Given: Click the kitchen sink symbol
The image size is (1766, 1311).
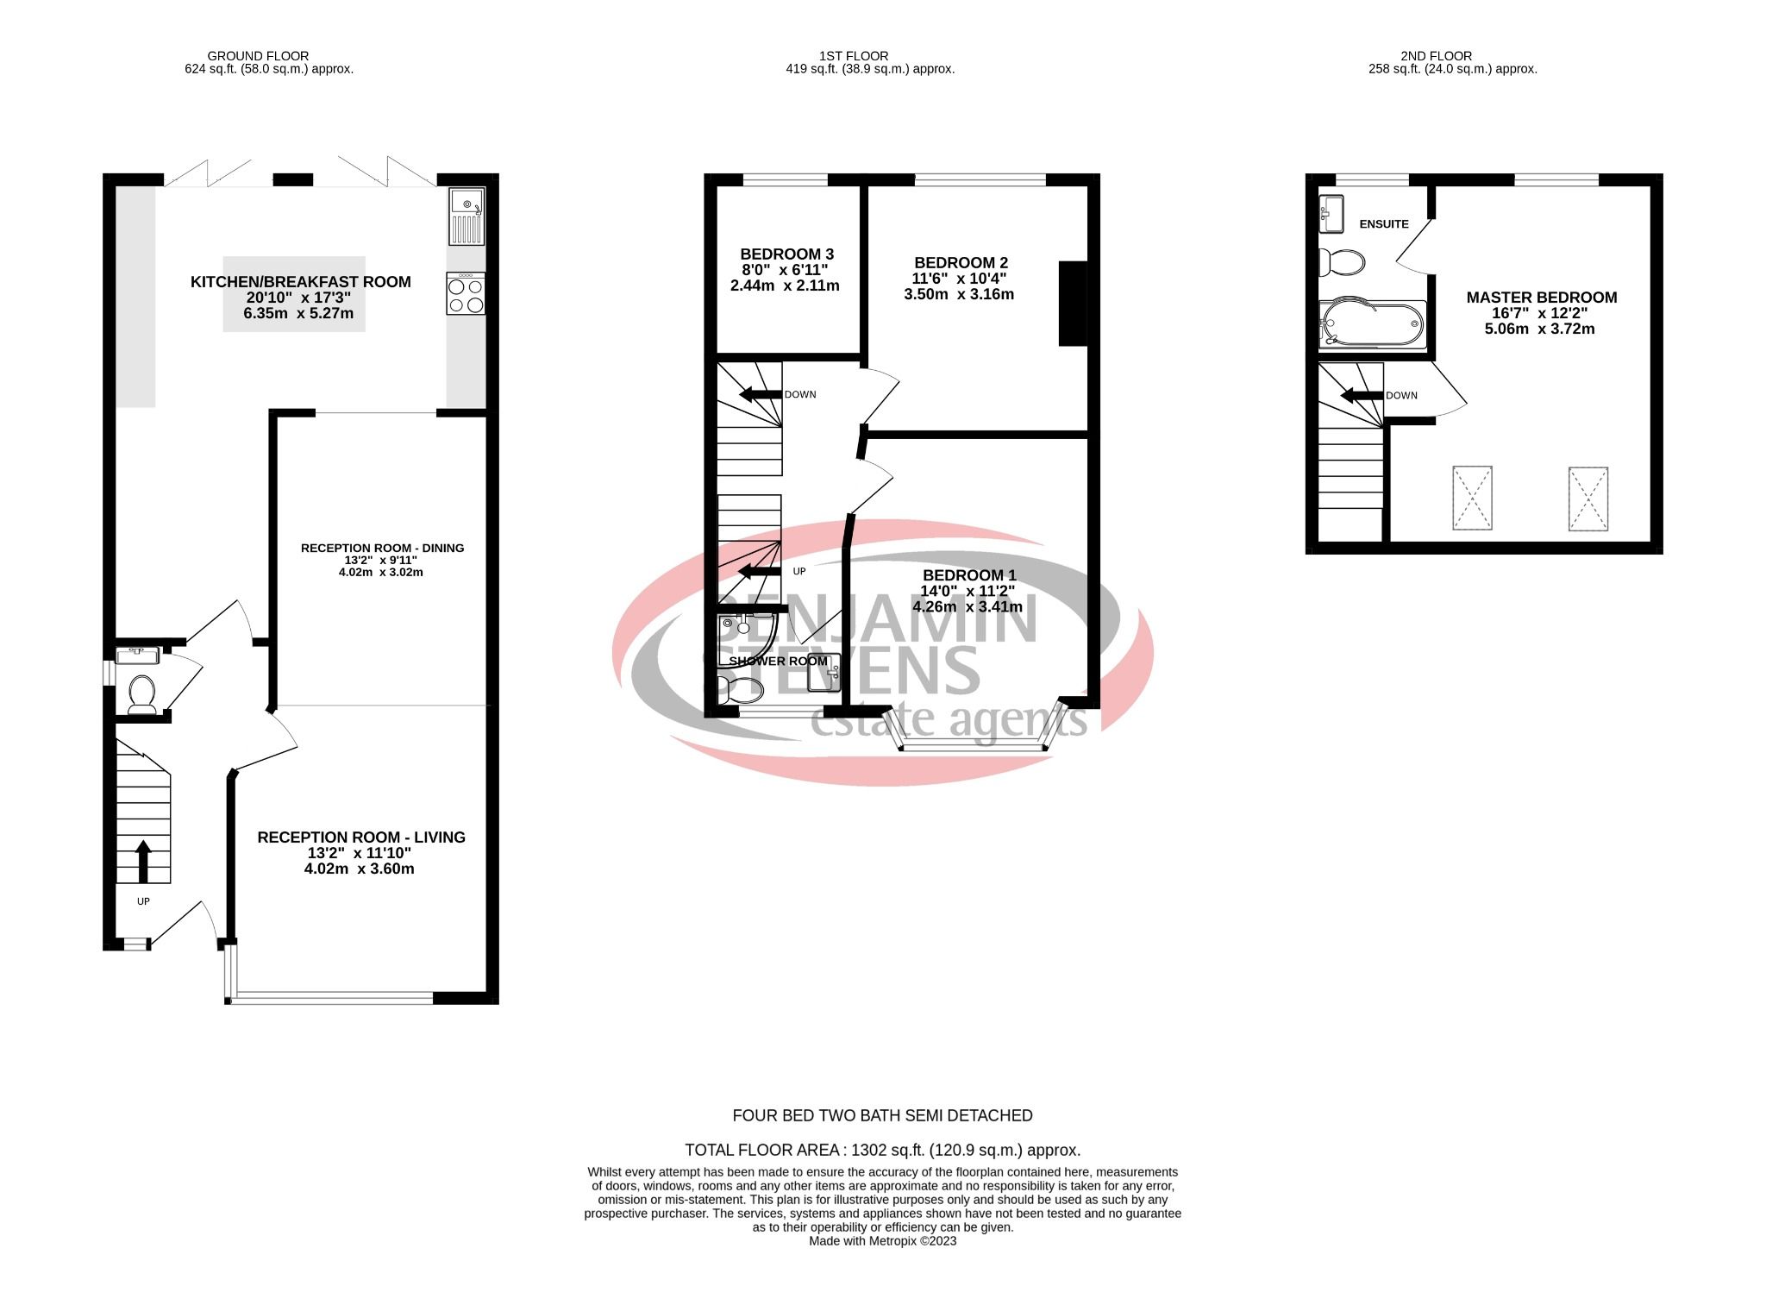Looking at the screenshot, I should pyautogui.click(x=467, y=216).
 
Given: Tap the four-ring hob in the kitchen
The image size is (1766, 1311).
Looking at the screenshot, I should pyautogui.click(x=466, y=293).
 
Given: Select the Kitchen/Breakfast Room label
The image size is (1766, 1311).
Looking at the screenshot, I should pyautogui.click(x=300, y=282).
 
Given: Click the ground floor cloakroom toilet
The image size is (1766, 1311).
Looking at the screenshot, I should pyautogui.click(x=141, y=693).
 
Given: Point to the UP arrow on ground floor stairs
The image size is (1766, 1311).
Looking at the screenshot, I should pyautogui.click(x=143, y=861).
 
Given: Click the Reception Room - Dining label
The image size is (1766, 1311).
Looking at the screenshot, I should pyautogui.click(x=382, y=548).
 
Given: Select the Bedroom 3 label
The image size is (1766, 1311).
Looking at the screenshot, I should pyautogui.click(x=786, y=254).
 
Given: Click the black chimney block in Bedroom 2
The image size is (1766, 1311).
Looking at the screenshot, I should pyautogui.click(x=1072, y=303).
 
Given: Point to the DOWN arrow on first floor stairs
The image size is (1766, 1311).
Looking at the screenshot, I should pyautogui.click(x=756, y=395).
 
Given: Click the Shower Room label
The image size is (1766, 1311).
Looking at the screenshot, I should pyautogui.click(x=778, y=662).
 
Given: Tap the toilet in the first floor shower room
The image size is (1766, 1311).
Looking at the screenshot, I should pyautogui.click(x=742, y=688).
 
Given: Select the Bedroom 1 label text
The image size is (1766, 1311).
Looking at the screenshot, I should pyautogui.click(x=969, y=575).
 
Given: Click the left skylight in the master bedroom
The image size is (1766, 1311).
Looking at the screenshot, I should pyautogui.click(x=1471, y=498).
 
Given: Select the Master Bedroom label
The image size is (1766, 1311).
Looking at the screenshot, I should pyautogui.click(x=1541, y=298).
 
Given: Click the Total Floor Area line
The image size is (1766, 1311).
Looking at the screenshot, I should pyautogui.click(x=882, y=1150).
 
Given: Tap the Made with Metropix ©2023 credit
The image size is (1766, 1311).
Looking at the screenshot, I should pyautogui.click(x=882, y=1241).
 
